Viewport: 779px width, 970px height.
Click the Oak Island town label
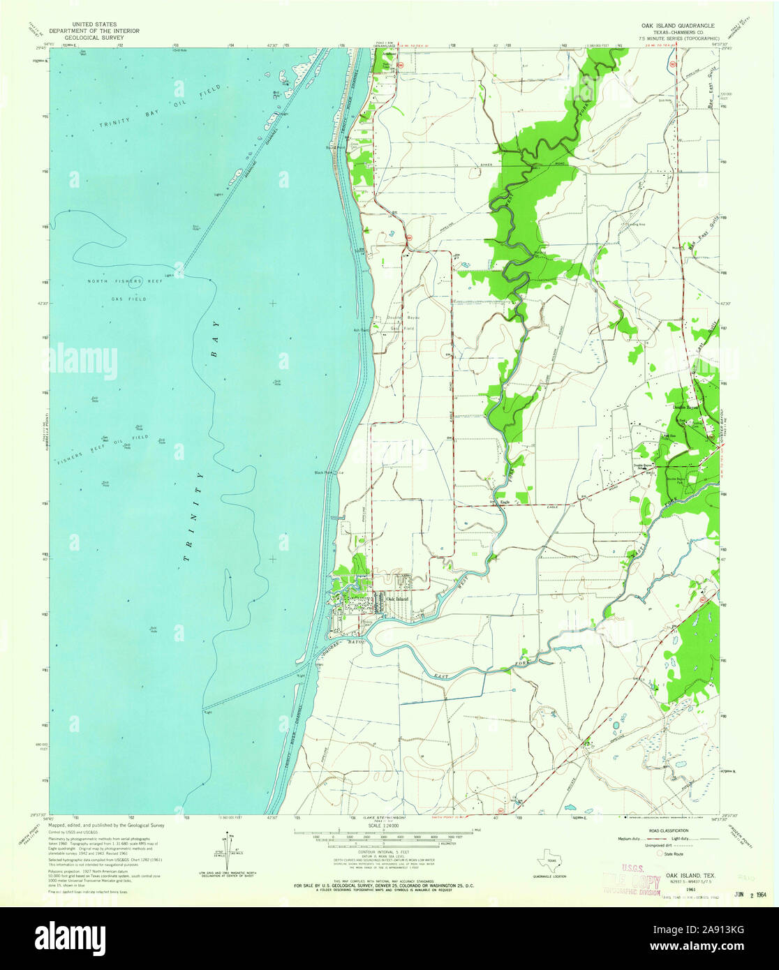pos(396,599)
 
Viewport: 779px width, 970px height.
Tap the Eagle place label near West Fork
pos(505,502)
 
